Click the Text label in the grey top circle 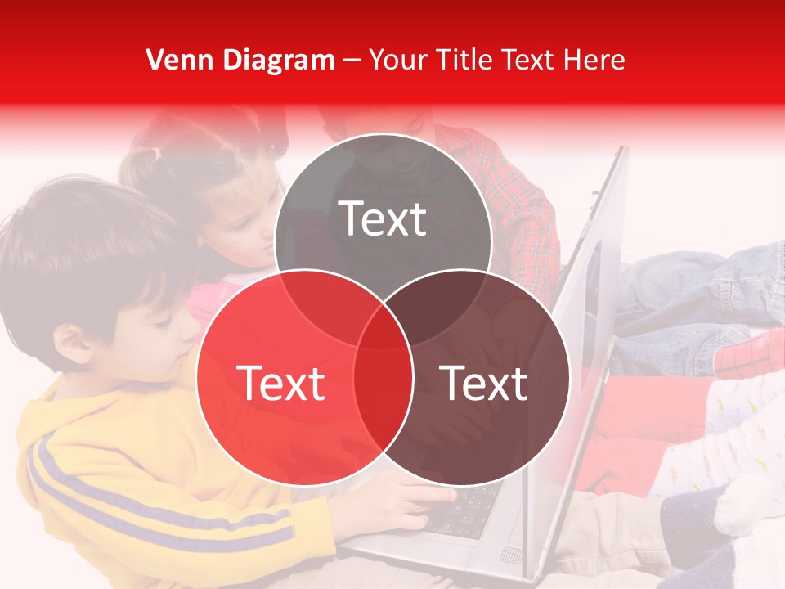383,218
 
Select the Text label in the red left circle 280,383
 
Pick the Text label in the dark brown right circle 484,383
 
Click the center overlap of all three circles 383,327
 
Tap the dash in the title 352,61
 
